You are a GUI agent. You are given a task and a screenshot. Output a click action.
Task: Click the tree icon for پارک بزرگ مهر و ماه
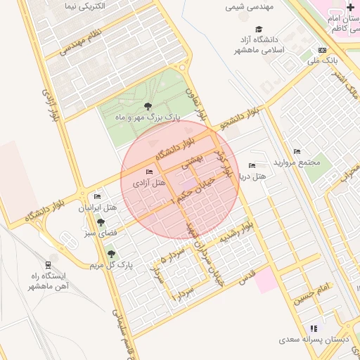point(146,106)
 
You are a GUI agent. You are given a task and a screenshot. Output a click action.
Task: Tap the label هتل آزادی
point(149,183)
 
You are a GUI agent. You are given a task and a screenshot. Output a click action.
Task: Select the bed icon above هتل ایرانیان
point(97,196)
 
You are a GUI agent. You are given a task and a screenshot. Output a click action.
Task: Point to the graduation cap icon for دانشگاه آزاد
point(259,29)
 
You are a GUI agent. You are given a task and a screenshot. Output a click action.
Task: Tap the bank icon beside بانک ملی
point(323,50)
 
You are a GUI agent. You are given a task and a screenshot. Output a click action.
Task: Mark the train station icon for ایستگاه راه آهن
point(47,265)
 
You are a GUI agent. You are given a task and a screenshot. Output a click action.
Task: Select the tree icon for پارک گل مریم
point(110,253)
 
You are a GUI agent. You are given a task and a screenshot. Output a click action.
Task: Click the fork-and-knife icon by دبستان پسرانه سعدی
point(314,328)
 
